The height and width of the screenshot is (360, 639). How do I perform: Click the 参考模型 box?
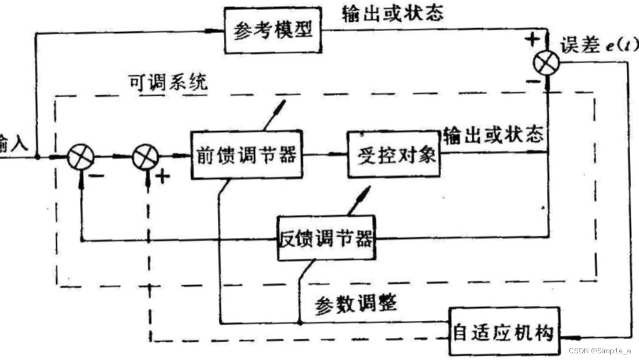point(273,31)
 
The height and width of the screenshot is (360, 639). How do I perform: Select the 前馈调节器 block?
point(246,155)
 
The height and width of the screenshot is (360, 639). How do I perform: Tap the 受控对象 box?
point(394,154)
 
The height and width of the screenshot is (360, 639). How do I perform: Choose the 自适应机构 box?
point(503,331)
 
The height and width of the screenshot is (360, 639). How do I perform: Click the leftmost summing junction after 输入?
point(81,157)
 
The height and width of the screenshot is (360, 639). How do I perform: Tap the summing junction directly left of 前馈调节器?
point(146,157)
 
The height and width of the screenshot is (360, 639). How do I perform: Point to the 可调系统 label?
point(168,83)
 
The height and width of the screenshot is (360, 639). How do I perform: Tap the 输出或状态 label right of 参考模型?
point(392,13)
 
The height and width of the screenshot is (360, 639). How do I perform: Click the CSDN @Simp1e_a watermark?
point(599,351)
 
